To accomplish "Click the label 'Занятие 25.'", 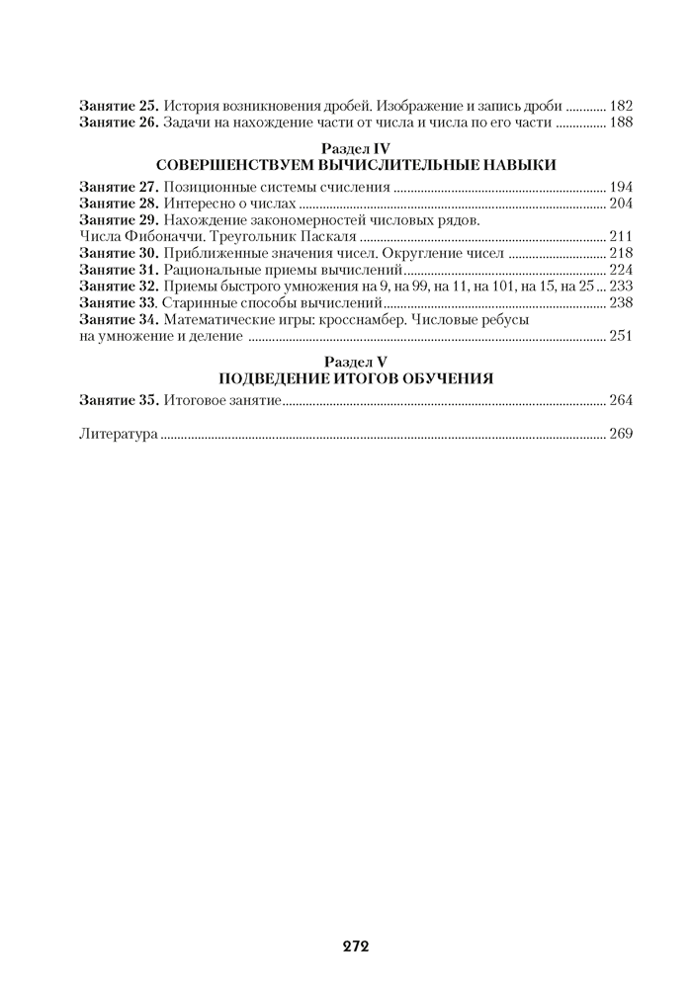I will click(119, 105).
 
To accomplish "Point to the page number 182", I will click(621, 105).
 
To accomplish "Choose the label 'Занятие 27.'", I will click(119, 187).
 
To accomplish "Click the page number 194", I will click(621, 187).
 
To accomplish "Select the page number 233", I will click(621, 286).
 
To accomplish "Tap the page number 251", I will click(621, 337).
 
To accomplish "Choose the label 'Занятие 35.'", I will click(119, 400).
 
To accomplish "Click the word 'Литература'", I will click(118, 434).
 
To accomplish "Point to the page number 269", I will click(621, 434).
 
